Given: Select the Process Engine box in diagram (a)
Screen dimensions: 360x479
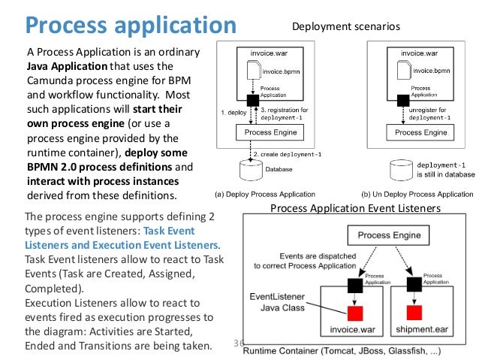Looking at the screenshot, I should point(268,132).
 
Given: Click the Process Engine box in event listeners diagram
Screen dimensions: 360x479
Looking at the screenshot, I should point(387,235).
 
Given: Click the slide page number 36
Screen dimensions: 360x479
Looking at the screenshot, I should point(239,343).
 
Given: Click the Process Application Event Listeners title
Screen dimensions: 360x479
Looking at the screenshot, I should point(354,208).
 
